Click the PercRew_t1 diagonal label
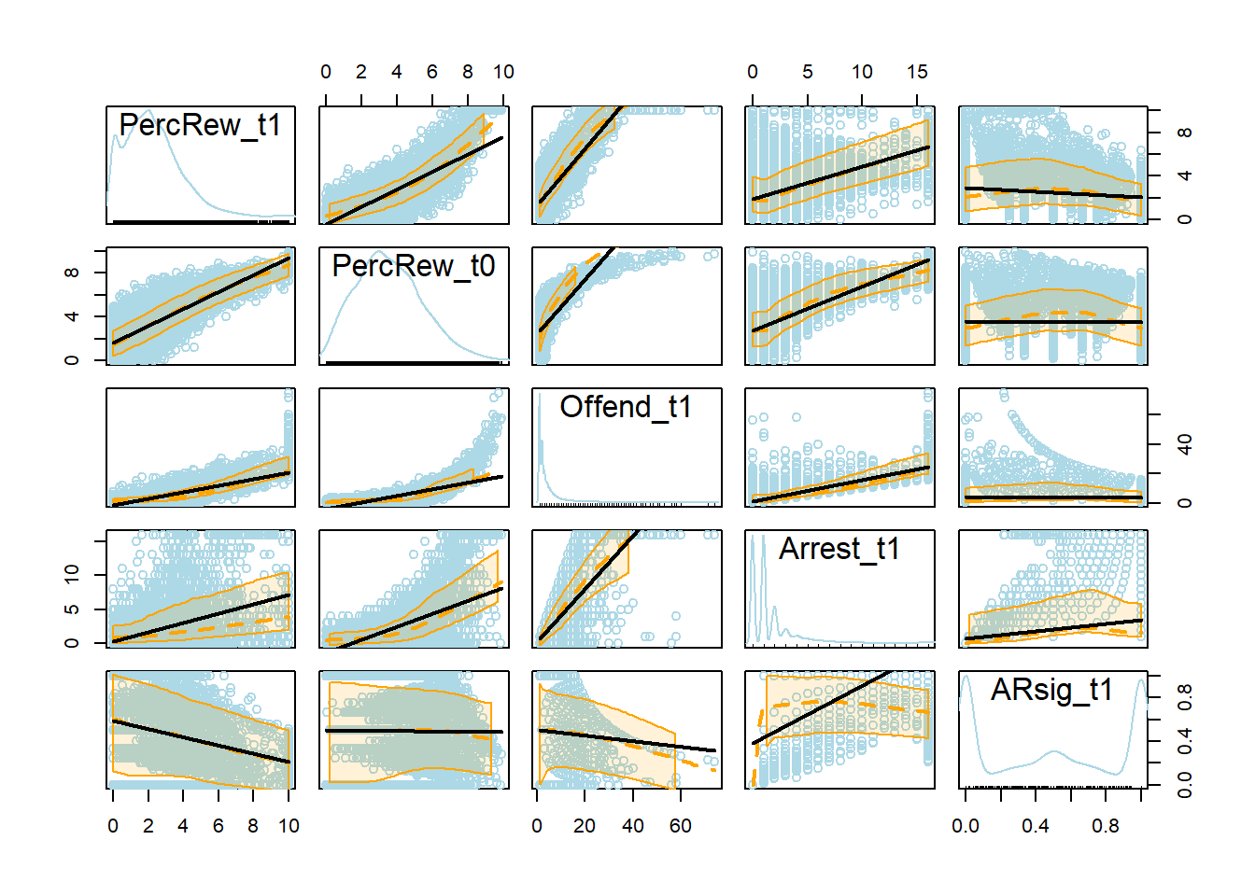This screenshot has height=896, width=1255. coord(200,125)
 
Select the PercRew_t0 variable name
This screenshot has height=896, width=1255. coord(414,266)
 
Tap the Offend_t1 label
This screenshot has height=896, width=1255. coord(626,407)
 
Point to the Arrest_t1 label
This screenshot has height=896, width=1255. coord(839,549)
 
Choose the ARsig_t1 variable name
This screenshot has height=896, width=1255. coord(1051,690)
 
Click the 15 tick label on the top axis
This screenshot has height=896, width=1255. coord(917,72)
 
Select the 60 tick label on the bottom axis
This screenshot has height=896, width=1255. coord(681,826)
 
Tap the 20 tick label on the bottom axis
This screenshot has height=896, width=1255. coord(585,826)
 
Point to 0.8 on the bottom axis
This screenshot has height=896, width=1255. coord(1106,826)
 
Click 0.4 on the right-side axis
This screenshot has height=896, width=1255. coord(1185,742)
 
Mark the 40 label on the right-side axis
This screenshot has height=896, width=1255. coord(1185,444)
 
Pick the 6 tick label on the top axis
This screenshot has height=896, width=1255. coord(432,72)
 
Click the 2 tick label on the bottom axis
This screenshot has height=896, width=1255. coord(148,826)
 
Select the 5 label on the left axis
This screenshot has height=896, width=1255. coord(72,609)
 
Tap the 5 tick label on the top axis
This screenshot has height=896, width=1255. coord(807,72)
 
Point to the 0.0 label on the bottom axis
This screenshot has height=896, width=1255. coord(966,826)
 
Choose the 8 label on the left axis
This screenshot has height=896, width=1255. coord(72,273)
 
